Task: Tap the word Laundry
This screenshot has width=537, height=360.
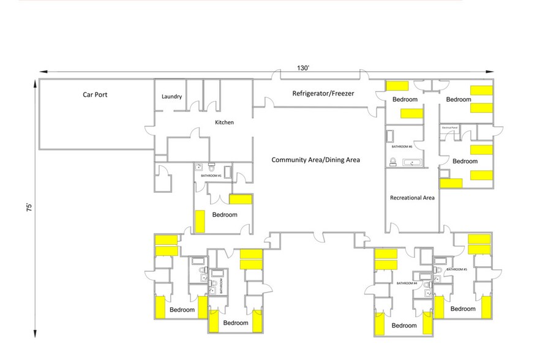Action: (x=171, y=97)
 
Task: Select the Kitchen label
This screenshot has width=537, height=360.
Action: (x=224, y=122)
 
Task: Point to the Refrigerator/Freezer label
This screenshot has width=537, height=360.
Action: (x=323, y=94)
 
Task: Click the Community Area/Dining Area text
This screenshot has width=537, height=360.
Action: (x=315, y=160)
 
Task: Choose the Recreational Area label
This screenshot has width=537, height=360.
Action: (x=412, y=198)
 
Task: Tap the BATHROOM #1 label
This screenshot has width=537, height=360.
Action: (x=211, y=176)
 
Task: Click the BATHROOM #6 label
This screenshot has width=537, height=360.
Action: (x=402, y=147)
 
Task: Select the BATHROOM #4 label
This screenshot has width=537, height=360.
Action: (x=407, y=283)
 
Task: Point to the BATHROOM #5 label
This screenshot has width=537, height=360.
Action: (x=456, y=269)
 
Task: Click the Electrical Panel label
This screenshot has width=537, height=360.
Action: (x=449, y=128)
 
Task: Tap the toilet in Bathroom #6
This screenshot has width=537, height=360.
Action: (x=392, y=162)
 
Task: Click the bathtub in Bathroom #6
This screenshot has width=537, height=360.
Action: (x=412, y=162)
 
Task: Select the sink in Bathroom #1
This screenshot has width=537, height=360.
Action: (x=198, y=167)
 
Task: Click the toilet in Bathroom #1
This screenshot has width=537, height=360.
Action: (x=211, y=165)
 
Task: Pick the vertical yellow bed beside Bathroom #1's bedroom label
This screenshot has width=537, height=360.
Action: (x=200, y=221)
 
